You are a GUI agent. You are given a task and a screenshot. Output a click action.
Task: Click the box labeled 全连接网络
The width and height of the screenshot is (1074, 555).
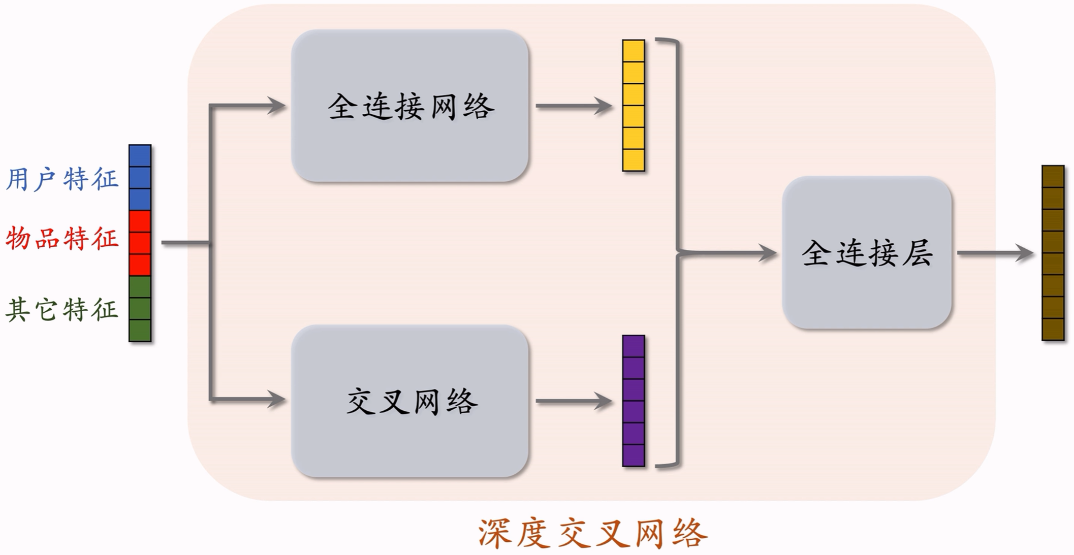pos(409,106)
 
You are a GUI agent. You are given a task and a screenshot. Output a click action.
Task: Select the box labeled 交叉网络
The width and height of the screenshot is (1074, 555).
pos(409,401)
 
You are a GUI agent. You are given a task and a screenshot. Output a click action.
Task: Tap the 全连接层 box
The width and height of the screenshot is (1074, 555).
pos(867,252)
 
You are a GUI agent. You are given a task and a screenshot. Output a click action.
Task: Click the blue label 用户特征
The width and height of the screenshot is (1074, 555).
pos(62,179)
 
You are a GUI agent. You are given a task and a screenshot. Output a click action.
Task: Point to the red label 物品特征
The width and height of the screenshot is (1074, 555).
pos(62,238)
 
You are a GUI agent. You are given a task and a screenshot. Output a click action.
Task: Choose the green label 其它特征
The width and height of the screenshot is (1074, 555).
pos(62,309)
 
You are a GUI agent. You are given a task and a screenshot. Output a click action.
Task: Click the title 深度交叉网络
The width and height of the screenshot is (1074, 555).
pos(592,533)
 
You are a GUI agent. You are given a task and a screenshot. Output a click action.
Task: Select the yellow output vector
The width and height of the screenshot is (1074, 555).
pos(634,106)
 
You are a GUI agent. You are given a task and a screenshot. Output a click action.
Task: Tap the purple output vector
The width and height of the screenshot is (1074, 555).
pos(634,401)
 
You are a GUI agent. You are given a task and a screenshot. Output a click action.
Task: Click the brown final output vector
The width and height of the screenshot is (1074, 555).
pos(1053,252)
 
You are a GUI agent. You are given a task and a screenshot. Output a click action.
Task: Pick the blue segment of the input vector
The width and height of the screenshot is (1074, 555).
pos(140,178)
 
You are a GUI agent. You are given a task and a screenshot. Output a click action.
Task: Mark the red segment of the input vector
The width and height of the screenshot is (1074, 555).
pos(140,243)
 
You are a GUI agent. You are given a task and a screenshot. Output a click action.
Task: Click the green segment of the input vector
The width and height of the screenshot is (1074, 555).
pos(140,308)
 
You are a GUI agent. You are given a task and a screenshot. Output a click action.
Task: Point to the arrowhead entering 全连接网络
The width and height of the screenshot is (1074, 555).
pos(277,106)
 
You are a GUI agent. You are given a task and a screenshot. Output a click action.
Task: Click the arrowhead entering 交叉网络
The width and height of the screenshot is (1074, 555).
pos(277,399)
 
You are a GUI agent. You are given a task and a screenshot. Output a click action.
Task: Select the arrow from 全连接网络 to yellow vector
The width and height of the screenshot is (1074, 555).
pos(574,106)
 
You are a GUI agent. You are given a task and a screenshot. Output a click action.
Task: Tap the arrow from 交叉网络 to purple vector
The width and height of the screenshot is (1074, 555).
pos(574,401)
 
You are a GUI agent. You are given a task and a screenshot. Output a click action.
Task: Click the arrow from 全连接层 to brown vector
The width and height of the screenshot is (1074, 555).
pos(995,252)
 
